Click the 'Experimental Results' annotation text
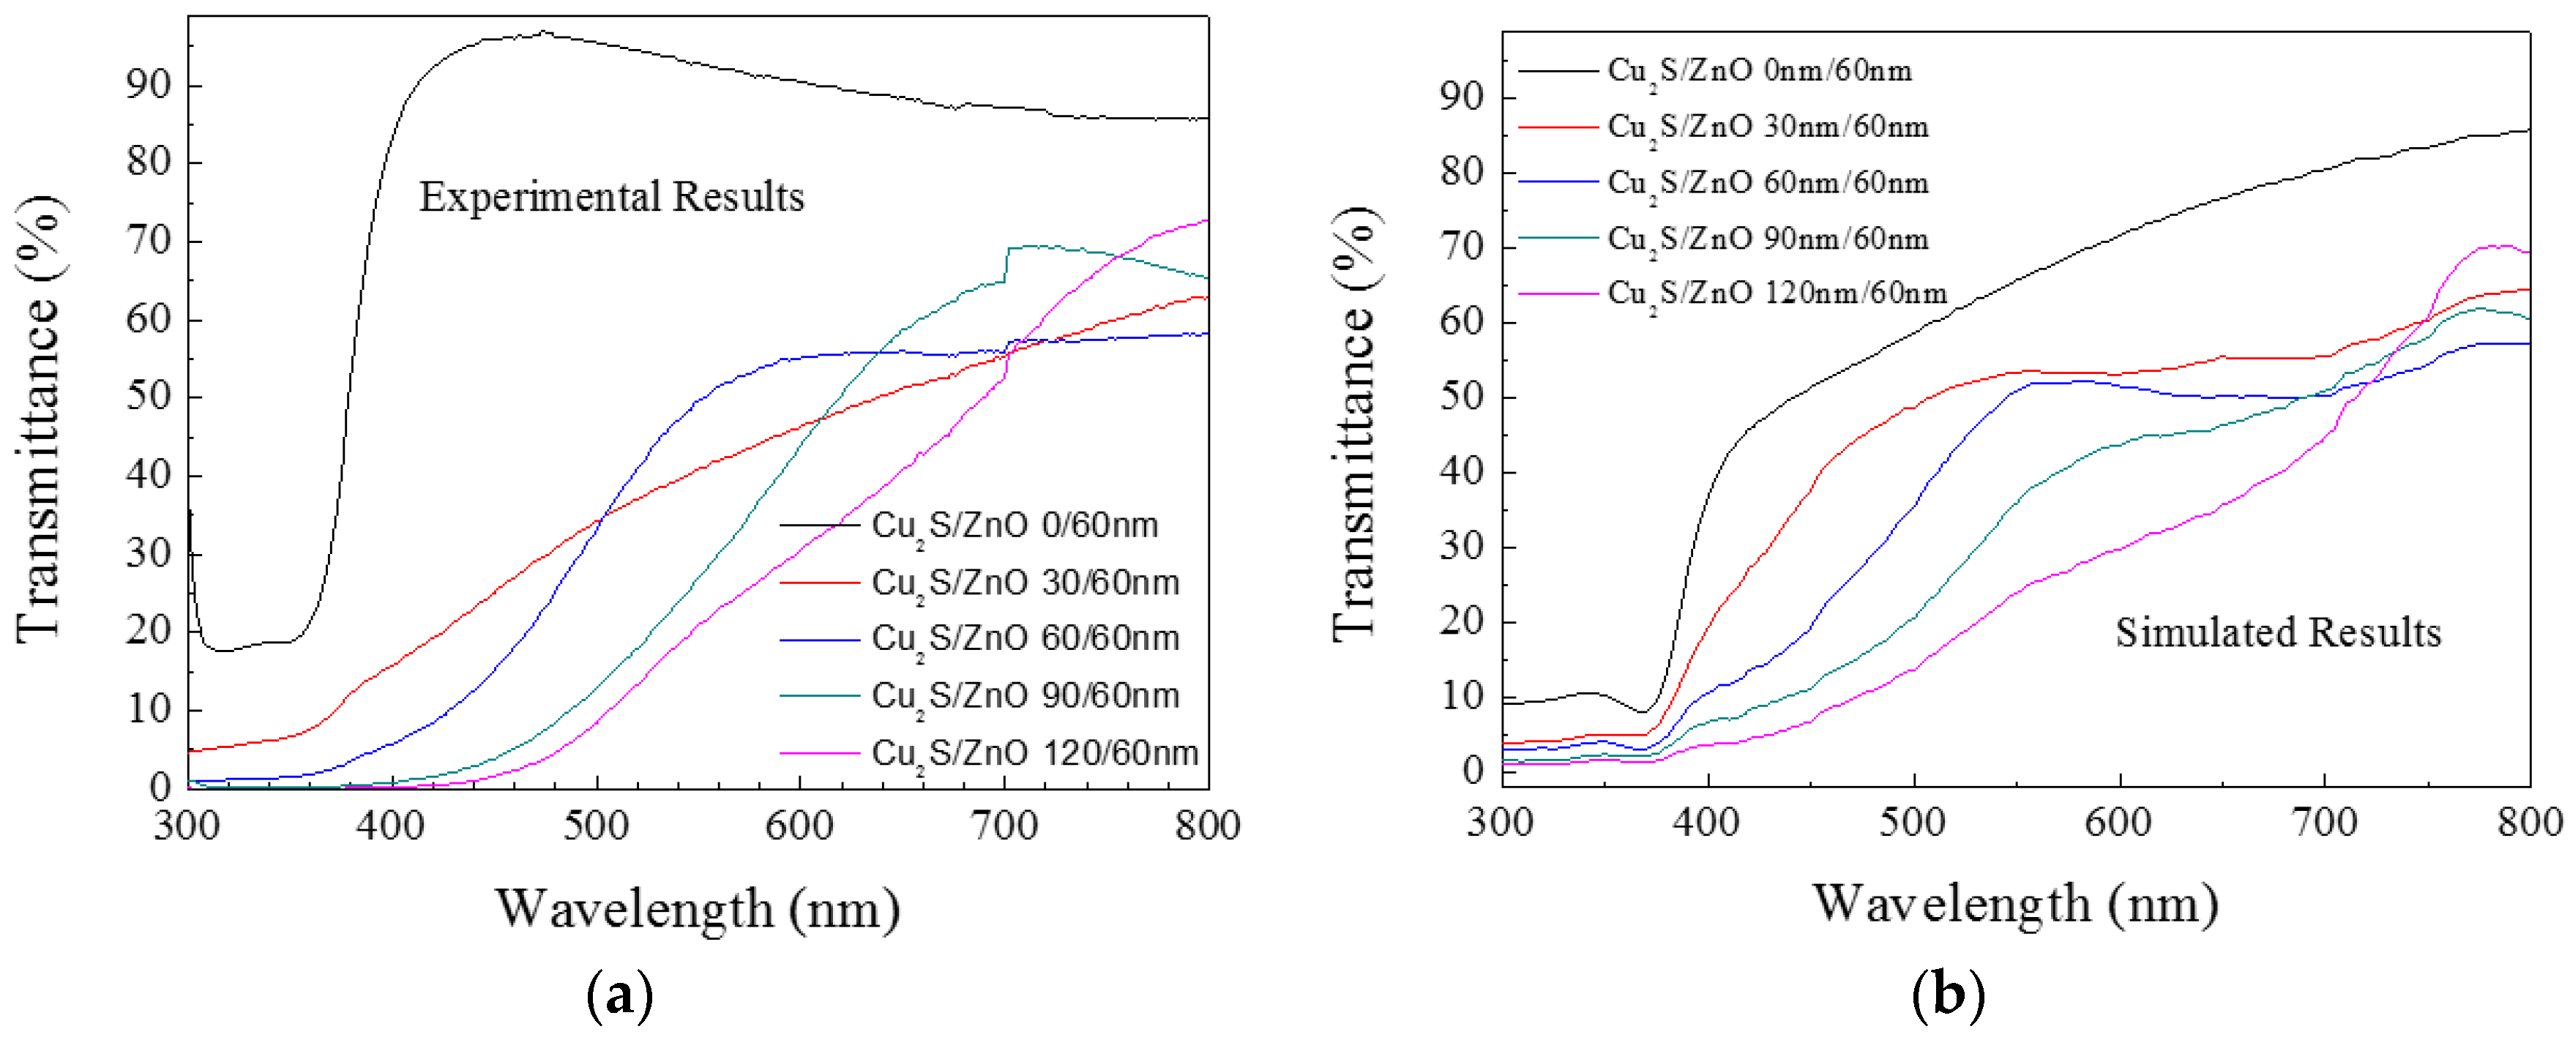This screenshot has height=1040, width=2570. pyautogui.click(x=610, y=196)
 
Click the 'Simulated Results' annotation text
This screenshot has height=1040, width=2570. pyautogui.click(x=2278, y=632)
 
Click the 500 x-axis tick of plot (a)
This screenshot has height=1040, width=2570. pyautogui.click(x=596, y=826)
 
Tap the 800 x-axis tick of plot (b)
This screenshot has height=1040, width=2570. pyautogui.click(x=2529, y=823)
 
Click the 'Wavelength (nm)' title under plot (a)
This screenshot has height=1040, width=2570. pyautogui.click(x=698, y=908)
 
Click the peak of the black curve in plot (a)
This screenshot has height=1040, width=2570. pyautogui.click(x=542, y=32)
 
